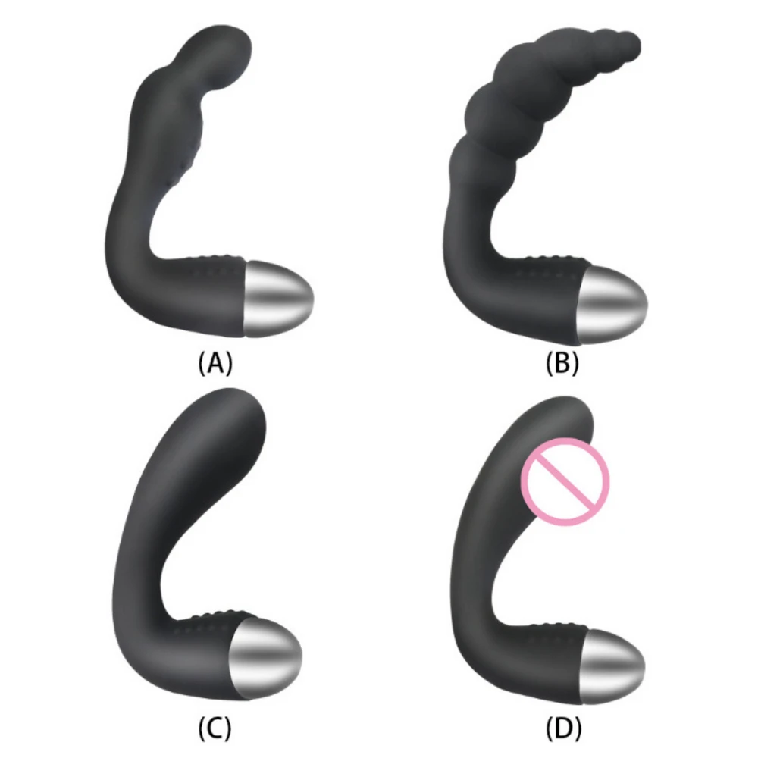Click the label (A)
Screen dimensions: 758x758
[215, 363]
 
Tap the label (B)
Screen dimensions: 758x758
[562, 363]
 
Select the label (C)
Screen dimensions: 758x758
[215, 728]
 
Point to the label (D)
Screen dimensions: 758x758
[563, 728]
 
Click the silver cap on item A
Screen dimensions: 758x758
[277, 298]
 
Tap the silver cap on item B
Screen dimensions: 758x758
[612, 305]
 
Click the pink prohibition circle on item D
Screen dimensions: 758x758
[565, 482]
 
